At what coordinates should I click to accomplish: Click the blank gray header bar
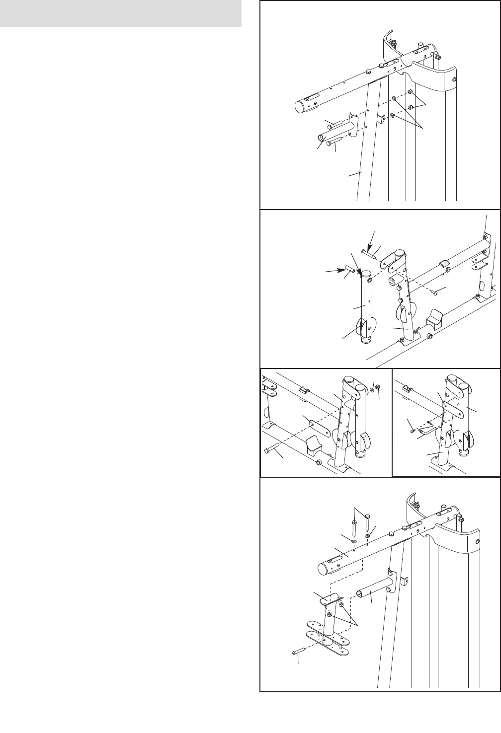pos(121,14)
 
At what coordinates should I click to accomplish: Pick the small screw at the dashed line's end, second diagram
pos(435,293)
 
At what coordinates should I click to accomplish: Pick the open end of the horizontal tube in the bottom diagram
pos(360,592)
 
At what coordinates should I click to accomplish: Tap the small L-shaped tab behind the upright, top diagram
pos(381,118)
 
